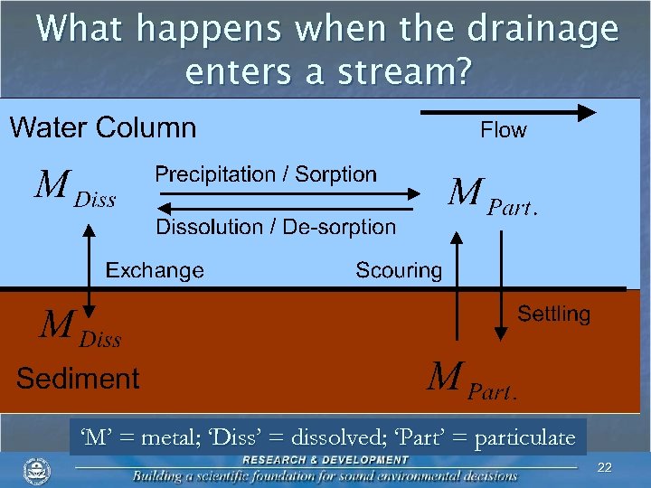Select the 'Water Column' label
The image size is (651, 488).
point(102,127)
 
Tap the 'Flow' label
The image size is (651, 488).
point(503,130)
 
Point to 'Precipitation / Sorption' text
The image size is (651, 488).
point(266,174)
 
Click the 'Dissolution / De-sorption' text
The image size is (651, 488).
point(276,227)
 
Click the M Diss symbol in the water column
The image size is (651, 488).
point(74,189)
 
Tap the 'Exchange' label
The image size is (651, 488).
point(155,270)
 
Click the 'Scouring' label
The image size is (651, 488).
point(399,270)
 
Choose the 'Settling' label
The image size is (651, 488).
point(553,314)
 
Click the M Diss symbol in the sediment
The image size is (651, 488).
point(79,329)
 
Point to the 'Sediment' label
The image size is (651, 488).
point(78,378)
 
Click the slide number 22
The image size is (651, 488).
point(605,466)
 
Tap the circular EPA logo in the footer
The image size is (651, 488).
point(36,471)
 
